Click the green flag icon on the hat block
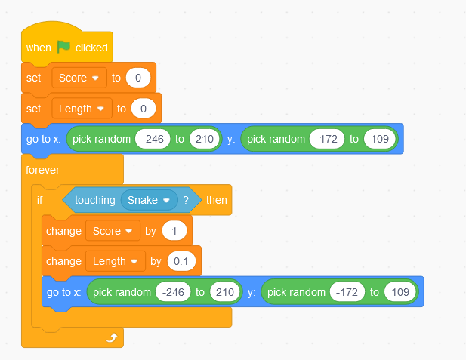(x=63, y=47)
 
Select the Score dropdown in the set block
(x=79, y=78)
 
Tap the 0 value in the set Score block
(x=138, y=78)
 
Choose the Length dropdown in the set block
(x=82, y=109)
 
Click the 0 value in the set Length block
(x=144, y=109)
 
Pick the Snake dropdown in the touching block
(x=150, y=200)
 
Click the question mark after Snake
(x=186, y=200)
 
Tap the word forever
(x=43, y=170)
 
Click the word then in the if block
(x=217, y=200)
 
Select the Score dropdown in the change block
(x=113, y=231)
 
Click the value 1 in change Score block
(x=174, y=231)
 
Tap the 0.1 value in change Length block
(x=181, y=261)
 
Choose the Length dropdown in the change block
(x=116, y=261)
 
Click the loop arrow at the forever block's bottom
(x=112, y=337)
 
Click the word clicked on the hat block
(x=91, y=48)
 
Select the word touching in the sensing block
(x=95, y=200)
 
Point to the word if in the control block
(x=40, y=200)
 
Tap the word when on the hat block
(x=39, y=48)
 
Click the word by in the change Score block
(x=151, y=231)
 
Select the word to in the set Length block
(x=122, y=109)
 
